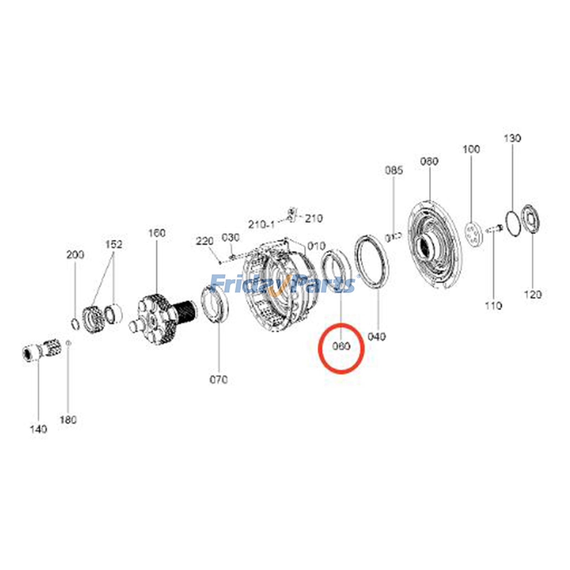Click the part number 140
(38, 429)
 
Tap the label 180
(68, 420)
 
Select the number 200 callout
(75, 254)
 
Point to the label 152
(114, 244)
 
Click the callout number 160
(157, 233)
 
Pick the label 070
(218, 379)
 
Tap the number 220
(204, 241)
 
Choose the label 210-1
(261, 224)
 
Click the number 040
(377, 336)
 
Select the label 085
(394, 170)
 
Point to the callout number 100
(471, 149)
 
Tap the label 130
(512, 138)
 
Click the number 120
(533, 294)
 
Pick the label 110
(493, 305)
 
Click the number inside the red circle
(341, 346)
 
